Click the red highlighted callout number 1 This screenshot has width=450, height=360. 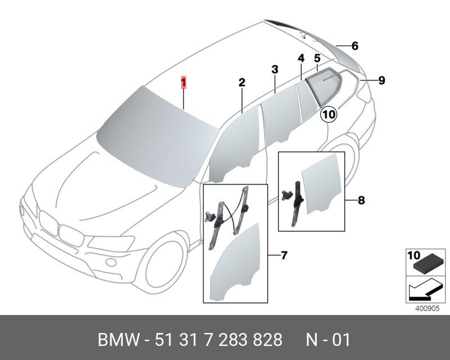click(x=183, y=83)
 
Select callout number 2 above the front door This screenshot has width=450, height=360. click(x=242, y=83)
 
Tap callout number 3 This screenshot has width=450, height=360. click(x=274, y=69)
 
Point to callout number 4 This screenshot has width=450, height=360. click(x=301, y=58)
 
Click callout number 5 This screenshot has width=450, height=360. click(x=317, y=58)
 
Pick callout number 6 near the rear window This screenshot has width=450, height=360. click(x=355, y=46)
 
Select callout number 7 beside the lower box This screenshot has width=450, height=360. click(x=283, y=256)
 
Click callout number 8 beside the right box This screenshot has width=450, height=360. click(x=361, y=200)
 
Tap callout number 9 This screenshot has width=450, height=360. click(x=381, y=80)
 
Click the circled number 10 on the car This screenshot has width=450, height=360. click(x=328, y=114)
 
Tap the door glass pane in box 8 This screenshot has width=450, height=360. click(x=322, y=186)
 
